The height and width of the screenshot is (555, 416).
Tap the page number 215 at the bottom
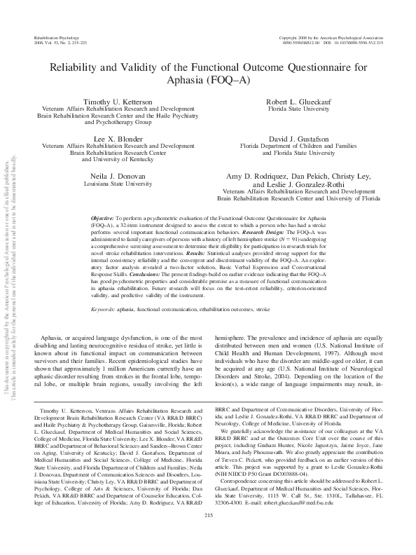208,535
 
